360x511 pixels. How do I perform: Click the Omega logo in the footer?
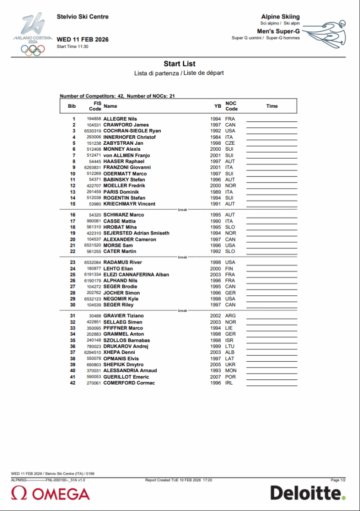pyautogui.click(x=50, y=494)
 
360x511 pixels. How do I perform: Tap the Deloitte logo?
pyautogui.click(x=308, y=493)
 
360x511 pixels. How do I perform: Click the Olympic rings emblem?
pyautogui.click(x=32, y=49)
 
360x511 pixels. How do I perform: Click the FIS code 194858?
pyautogui.click(x=94, y=119)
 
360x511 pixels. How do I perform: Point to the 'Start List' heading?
pyautogui.click(x=179, y=64)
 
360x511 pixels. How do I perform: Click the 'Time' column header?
pyautogui.click(x=272, y=106)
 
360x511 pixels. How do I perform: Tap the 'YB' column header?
pyautogui.click(x=217, y=106)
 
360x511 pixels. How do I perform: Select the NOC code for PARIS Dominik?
pyautogui.click(x=229, y=192)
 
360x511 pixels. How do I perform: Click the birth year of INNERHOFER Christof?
pyautogui.click(x=215, y=137)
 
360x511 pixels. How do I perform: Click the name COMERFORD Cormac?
pyautogui.click(x=129, y=383)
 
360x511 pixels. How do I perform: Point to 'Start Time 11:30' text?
pyautogui.click(x=72, y=46)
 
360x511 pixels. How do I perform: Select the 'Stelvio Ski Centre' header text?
pyautogui.click(x=82, y=16)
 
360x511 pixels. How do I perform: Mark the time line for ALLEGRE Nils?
pyautogui.click(x=272, y=121)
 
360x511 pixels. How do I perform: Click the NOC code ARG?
pyautogui.click(x=230, y=316)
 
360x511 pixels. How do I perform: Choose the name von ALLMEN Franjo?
pyautogui.click(x=126, y=155)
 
